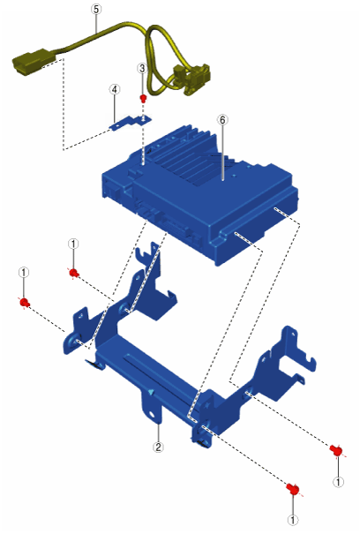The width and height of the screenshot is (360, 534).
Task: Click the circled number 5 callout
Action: (96, 9)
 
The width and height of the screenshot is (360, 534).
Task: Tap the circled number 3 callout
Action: (142, 69)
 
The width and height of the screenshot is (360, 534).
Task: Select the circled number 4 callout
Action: (115, 89)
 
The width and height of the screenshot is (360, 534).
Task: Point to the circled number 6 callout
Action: (222, 120)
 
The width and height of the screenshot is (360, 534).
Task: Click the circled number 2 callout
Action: (158, 447)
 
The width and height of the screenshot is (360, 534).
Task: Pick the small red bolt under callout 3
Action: (144, 99)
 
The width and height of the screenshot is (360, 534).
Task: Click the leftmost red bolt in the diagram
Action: (24, 303)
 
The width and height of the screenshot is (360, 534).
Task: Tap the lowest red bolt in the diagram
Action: (293, 489)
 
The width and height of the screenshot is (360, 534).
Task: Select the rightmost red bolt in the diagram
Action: (336, 450)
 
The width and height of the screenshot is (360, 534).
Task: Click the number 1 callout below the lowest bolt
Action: (293, 520)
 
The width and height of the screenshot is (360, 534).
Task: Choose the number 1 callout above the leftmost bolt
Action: (24, 273)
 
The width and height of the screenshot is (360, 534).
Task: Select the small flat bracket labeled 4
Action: (130, 122)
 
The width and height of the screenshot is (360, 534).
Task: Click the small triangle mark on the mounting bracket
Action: (151, 392)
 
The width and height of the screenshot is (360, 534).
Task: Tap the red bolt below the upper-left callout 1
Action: (73, 273)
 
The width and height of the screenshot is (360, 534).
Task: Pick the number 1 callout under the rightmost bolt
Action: (338, 482)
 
